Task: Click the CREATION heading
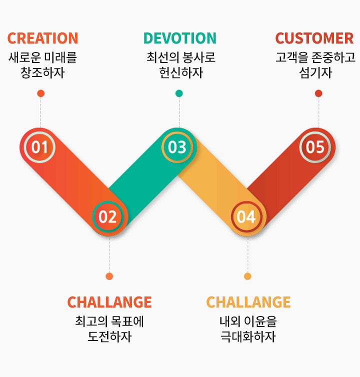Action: coord(43,38)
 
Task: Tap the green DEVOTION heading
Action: coord(180,38)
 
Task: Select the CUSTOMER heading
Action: coord(314,38)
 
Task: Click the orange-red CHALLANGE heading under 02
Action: coord(109,302)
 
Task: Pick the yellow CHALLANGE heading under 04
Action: coord(248,302)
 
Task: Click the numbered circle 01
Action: coord(39,147)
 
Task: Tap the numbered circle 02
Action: coord(108,216)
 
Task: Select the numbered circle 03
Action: coord(177,147)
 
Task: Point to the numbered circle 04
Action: coord(246,216)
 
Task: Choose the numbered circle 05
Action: coord(315,147)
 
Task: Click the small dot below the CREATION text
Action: coord(41,93)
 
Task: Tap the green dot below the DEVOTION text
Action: coord(179,93)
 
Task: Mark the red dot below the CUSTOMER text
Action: coord(318,93)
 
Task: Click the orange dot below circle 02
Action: coord(109,276)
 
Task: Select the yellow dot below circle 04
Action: coord(247,276)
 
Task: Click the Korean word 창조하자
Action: coord(42,72)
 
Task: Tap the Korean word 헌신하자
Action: coord(181,72)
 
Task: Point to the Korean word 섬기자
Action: coord(315,72)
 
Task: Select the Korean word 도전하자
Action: coord(109,336)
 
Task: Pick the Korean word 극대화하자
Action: coord(248,336)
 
